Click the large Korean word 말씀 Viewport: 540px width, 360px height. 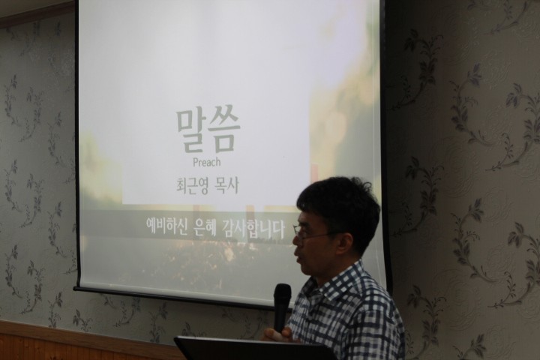208,132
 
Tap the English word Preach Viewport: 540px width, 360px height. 207,162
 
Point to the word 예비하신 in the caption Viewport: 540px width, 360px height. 166,226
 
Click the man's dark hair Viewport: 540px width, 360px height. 339,203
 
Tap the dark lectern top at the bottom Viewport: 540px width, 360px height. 255,349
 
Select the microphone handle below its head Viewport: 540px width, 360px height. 280,319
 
